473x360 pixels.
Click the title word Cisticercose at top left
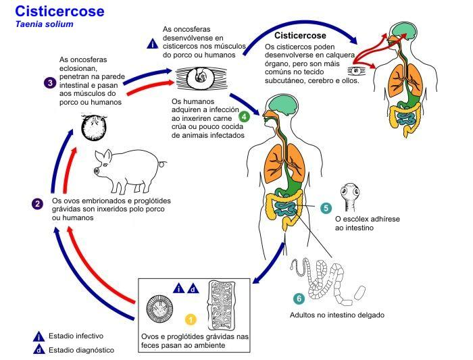[x=59, y=11]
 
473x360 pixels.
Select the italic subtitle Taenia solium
[x=41, y=24]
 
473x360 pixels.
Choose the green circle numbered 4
[x=244, y=116]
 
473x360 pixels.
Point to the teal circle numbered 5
[x=326, y=209]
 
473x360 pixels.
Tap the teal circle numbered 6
[x=298, y=298]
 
